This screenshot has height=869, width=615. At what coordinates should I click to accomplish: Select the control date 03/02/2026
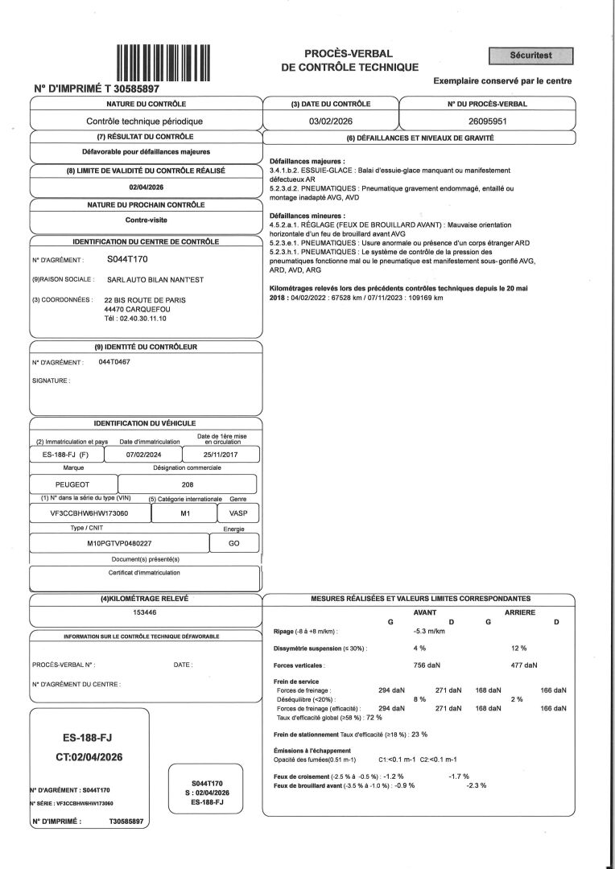[x=330, y=121]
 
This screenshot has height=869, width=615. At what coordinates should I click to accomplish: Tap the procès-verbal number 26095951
[x=487, y=121]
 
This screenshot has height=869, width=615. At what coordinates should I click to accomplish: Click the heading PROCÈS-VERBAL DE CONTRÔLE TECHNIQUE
[x=349, y=60]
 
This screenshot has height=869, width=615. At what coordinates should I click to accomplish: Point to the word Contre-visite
[x=147, y=220]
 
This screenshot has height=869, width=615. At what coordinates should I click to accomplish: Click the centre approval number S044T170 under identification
[x=127, y=260]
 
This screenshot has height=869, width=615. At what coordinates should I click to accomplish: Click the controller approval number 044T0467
[x=114, y=362]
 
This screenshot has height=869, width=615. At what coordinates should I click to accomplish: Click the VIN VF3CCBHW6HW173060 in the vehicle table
[x=89, y=513]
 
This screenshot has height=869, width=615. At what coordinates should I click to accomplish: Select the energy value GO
[x=233, y=544]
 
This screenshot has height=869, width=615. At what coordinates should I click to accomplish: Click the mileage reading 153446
[x=145, y=612]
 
